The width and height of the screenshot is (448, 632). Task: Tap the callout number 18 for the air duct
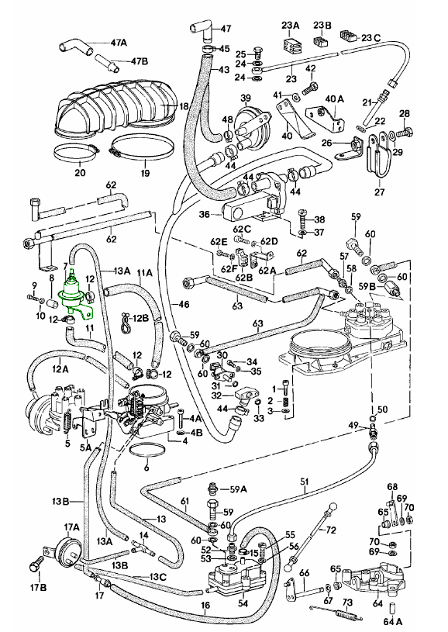pyautogui.click(x=184, y=106)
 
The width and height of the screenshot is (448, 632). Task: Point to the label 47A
pyautogui.click(x=118, y=43)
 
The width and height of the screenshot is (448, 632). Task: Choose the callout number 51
pyautogui.click(x=304, y=482)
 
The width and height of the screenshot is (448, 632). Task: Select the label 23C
pyautogui.click(x=370, y=38)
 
